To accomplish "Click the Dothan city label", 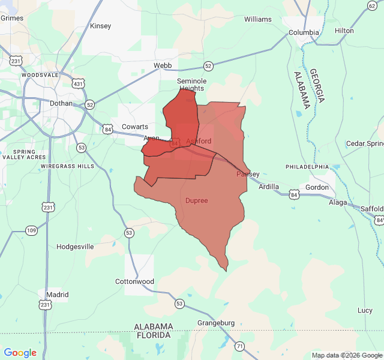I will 61,103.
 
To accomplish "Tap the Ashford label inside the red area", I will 199,141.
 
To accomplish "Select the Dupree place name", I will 197,200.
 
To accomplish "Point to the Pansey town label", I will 248,174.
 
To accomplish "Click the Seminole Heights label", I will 191,85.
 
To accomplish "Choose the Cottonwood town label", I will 134,281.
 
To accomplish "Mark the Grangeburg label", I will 216,323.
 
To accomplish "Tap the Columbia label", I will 304,32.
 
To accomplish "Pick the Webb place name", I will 163,65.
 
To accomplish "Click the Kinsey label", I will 100,26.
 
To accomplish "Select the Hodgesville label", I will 75,247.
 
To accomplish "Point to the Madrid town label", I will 57,295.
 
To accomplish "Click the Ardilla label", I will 269,187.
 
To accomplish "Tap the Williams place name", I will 258,19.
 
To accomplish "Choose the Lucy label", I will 365,310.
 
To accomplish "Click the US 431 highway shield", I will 78,83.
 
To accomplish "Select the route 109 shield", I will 32,230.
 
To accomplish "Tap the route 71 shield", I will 239,346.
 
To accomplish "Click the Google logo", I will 20,353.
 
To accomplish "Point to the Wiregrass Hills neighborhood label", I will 68,166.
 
